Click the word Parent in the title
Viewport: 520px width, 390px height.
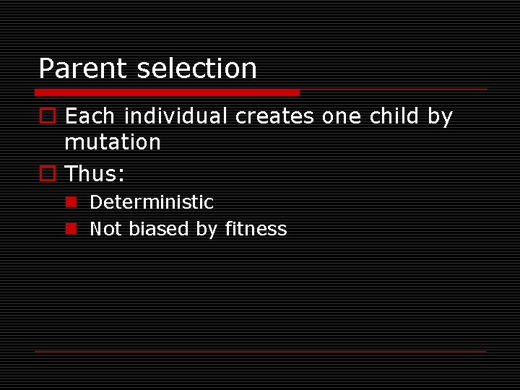(83, 69)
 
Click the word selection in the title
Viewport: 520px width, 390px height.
(196, 69)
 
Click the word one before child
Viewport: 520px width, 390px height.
(341, 116)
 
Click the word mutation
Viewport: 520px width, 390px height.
(113, 142)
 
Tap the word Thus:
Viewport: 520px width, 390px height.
(95, 174)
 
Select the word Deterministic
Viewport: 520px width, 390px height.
(152, 202)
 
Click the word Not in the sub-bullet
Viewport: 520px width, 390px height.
(105, 229)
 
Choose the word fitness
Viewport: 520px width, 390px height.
(256, 229)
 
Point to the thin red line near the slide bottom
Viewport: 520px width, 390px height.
(261, 351)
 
